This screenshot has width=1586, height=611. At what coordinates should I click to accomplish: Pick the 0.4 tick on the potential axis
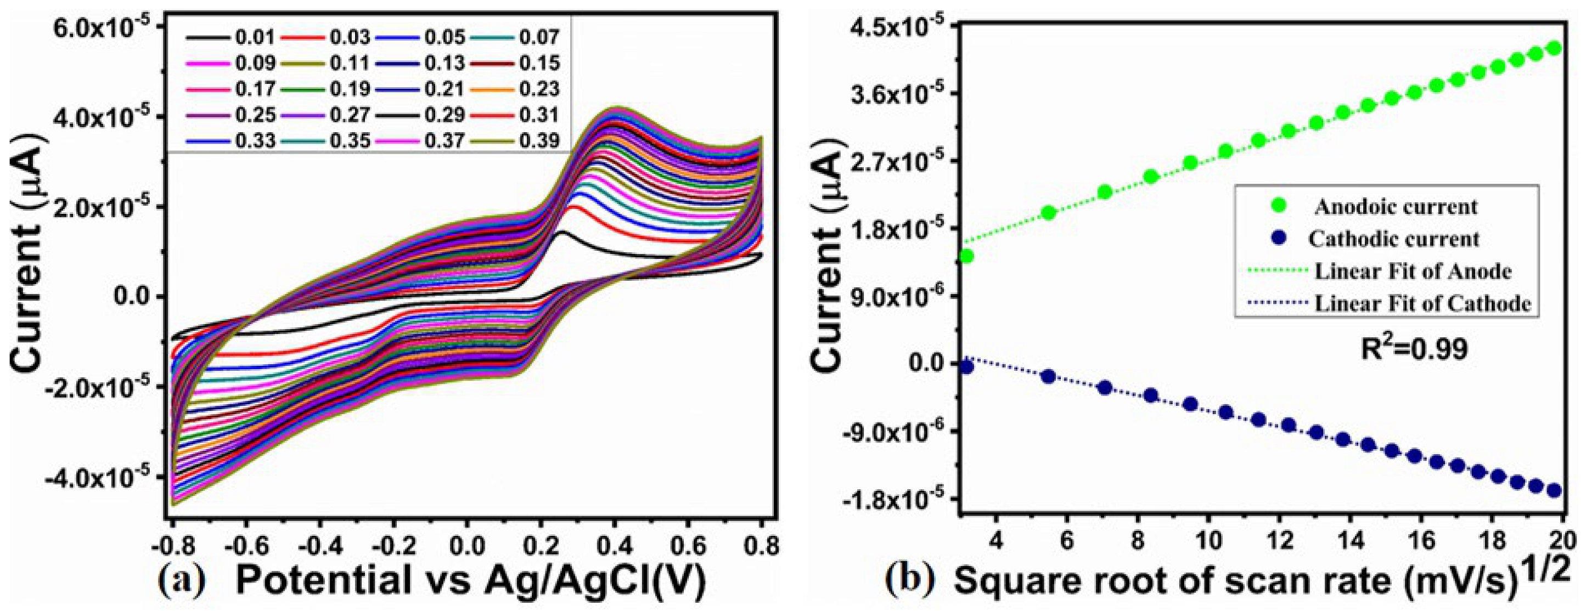click(x=614, y=546)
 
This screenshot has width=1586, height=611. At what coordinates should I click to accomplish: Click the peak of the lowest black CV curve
click(x=561, y=233)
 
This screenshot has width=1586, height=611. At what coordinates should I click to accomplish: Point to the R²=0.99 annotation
click(x=1414, y=349)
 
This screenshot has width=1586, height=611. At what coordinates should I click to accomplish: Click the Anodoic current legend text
click(x=1396, y=207)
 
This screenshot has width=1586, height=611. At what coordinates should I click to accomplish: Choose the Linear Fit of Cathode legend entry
click(x=1422, y=303)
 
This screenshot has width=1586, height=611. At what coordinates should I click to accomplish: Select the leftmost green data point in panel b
click(x=966, y=256)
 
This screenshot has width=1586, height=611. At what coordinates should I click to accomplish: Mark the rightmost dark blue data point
click(x=1554, y=490)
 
